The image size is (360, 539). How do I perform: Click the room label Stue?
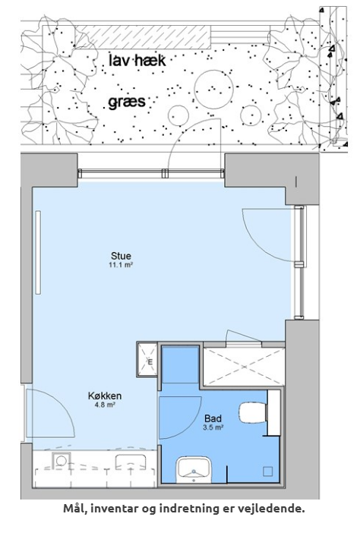121,256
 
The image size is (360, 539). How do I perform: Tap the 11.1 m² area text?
121,265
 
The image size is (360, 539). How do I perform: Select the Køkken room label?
105,396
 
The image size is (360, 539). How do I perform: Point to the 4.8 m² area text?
105,405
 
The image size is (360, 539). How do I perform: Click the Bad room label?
213,418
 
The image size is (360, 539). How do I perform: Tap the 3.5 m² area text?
213,427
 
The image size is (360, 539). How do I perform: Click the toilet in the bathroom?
254,412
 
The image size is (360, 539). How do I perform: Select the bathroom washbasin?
194,470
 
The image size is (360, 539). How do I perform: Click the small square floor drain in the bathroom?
268,471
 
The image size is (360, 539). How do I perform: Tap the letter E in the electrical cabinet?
150,361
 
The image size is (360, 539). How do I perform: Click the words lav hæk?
137,61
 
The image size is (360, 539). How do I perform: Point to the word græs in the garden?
127,102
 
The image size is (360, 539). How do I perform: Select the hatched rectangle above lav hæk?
144,37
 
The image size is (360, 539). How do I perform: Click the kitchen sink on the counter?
131,462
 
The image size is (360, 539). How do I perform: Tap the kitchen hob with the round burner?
62,460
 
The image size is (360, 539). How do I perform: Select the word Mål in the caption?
75,508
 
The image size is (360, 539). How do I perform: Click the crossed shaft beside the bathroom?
244,367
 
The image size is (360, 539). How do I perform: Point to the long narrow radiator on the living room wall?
38,252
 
